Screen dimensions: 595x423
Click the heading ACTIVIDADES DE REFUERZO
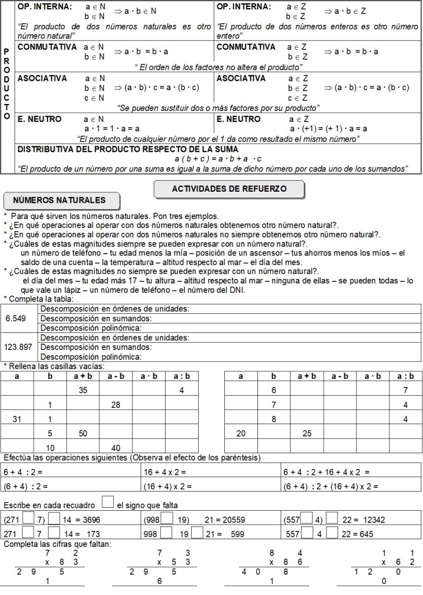229,189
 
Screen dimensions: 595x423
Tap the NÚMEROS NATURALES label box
59,200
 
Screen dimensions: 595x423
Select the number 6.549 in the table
16,318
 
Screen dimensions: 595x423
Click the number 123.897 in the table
19,347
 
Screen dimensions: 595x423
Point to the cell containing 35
83,390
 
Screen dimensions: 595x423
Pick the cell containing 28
115,404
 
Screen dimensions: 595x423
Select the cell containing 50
83,433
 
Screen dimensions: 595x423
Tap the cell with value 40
115,447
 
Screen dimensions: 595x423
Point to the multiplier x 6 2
398,562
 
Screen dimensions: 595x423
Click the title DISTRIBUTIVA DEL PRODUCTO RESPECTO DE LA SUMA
128,149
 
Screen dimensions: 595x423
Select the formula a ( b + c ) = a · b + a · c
218,159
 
